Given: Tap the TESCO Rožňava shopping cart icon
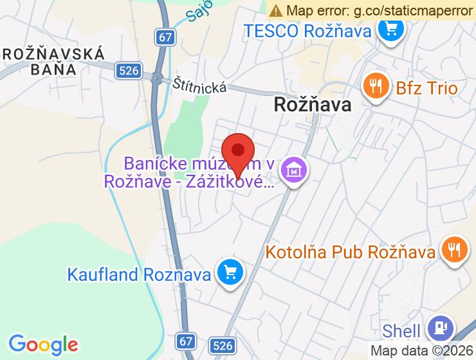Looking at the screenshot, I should [x=390, y=31].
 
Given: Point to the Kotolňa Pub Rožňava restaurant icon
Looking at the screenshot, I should [x=454, y=251].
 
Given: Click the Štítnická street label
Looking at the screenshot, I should [x=200, y=85].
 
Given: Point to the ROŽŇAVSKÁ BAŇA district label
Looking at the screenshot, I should [x=53, y=61].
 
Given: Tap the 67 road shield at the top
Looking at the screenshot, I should [x=166, y=37].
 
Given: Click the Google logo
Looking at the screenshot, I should [x=43, y=344].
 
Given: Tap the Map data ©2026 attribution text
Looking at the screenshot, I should [x=422, y=351].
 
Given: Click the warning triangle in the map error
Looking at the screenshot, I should [x=275, y=10].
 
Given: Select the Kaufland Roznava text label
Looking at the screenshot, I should [x=140, y=274].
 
